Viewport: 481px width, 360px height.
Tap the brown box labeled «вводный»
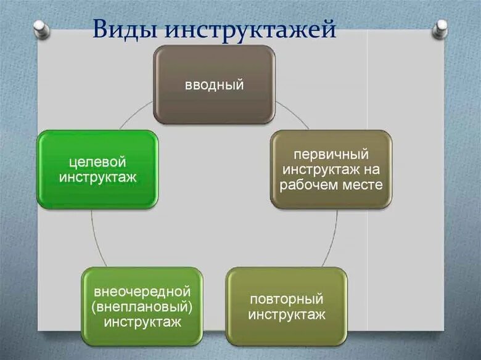point(214,84)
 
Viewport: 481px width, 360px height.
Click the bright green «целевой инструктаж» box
point(97,170)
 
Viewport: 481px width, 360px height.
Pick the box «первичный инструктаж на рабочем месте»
point(331,169)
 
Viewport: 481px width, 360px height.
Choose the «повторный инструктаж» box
point(286,306)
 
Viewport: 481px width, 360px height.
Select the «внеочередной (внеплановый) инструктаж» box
point(142,306)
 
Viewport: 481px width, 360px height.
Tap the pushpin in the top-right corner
point(440,28)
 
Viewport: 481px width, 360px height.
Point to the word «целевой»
point(97,162)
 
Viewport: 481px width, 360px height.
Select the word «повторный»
point(286,299)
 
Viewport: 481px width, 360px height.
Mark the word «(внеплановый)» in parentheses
point(142,306)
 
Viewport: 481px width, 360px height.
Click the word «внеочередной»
point(142,292)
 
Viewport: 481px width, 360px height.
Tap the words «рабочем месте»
point(331,184)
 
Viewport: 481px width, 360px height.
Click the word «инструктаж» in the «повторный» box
point(286,314)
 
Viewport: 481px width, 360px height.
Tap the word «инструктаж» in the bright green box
point(97,178)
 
